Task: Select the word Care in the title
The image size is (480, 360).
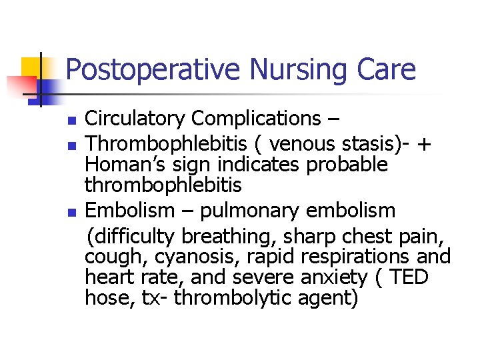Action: tap(387, 70)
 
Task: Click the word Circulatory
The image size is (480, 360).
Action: tap(135, 119)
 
